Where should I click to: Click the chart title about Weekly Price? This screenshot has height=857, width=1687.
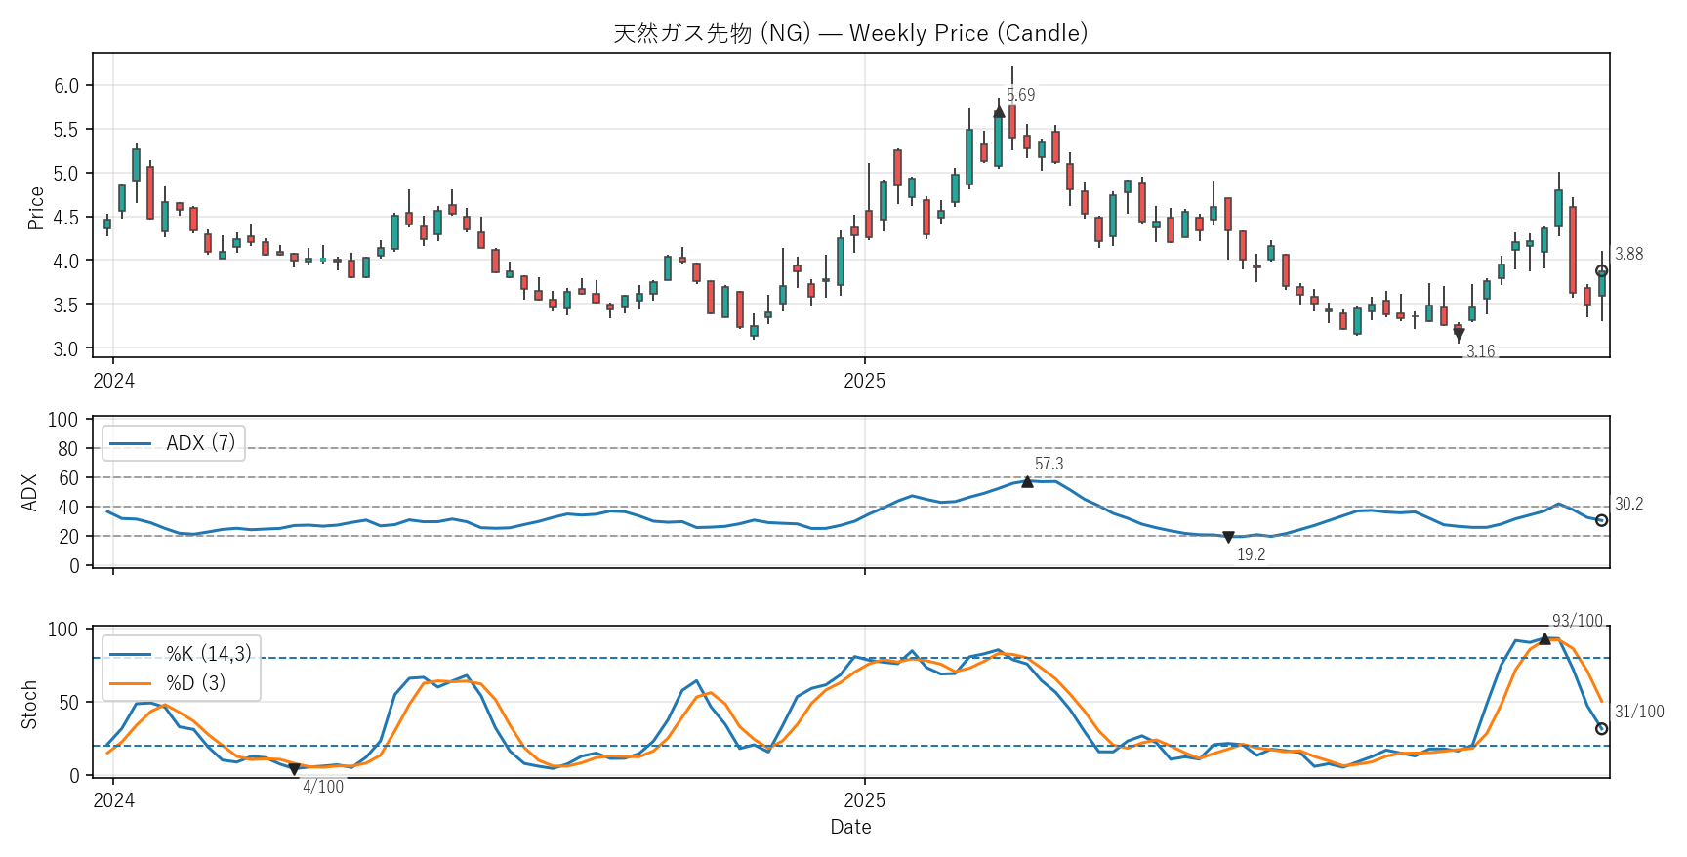[x=850, y=33]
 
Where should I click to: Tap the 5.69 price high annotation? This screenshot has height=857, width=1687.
[x=1020, y=95]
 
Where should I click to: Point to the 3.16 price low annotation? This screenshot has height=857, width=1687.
[x=1480, y=351]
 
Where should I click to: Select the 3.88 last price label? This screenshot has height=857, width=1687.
[x=1628, y=254]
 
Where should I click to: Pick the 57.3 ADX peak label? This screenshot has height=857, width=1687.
[x=1049, y=464]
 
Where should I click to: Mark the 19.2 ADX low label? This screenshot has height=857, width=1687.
[x=1251, y=554]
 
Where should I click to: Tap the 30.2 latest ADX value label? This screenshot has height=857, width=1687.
[x=1628, y=504]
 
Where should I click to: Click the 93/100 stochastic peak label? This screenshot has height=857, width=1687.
[x=1578, y=621]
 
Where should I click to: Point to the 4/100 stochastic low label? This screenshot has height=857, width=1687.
[x=322, y=787]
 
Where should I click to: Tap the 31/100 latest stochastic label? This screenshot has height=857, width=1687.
[x=1639, y=712]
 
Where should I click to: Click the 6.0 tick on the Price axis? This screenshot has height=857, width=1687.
[x=66, y=86]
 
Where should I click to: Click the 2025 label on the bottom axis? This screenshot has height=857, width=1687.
[x=864, y=800]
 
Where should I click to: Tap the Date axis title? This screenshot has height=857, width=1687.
[x=850, y=827]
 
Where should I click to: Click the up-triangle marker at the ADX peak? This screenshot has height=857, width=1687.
[x=1027, y=481]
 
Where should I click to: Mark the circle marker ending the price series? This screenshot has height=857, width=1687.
[x=1601, y=271]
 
